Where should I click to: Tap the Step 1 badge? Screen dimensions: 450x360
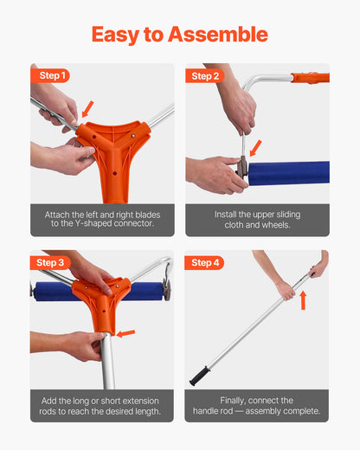(51, 75)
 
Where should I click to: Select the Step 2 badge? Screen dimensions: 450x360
(206, 75)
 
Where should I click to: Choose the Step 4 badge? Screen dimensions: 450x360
(206, 262)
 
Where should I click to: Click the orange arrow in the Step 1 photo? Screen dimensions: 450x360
(87, 108)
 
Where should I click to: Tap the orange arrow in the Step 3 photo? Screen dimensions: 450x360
(127, 332)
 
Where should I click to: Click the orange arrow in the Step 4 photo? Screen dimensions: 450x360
(303, 300)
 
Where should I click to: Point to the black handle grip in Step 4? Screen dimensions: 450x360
(200, 376)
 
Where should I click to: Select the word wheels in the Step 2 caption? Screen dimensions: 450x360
(273, 225)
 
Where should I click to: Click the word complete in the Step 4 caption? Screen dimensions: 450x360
(299, 412)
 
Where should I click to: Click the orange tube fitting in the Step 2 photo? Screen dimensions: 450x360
(311, 78)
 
